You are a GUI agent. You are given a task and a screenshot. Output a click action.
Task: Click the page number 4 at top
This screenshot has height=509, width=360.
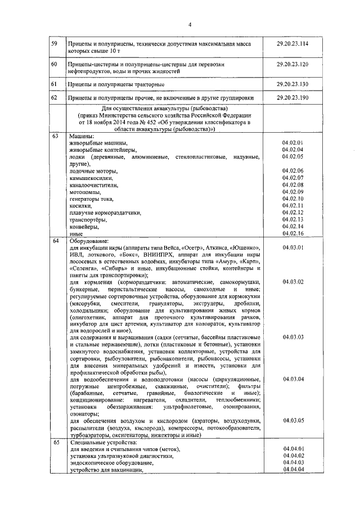pos(190,24)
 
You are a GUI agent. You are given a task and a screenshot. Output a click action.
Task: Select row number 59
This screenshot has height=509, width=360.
pos(55,43)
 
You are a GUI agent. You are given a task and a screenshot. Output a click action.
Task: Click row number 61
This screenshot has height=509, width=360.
pos(55,84)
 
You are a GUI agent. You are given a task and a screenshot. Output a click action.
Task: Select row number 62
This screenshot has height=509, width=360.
pos(55,97)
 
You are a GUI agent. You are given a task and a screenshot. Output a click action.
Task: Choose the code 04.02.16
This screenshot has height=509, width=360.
pos(293,233)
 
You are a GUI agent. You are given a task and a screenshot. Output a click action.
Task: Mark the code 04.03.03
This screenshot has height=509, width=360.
pos(293,336)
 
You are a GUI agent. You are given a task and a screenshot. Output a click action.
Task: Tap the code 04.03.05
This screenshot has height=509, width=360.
pos(293,420)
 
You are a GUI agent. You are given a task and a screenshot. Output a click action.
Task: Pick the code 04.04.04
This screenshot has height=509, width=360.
pos(293,470)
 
